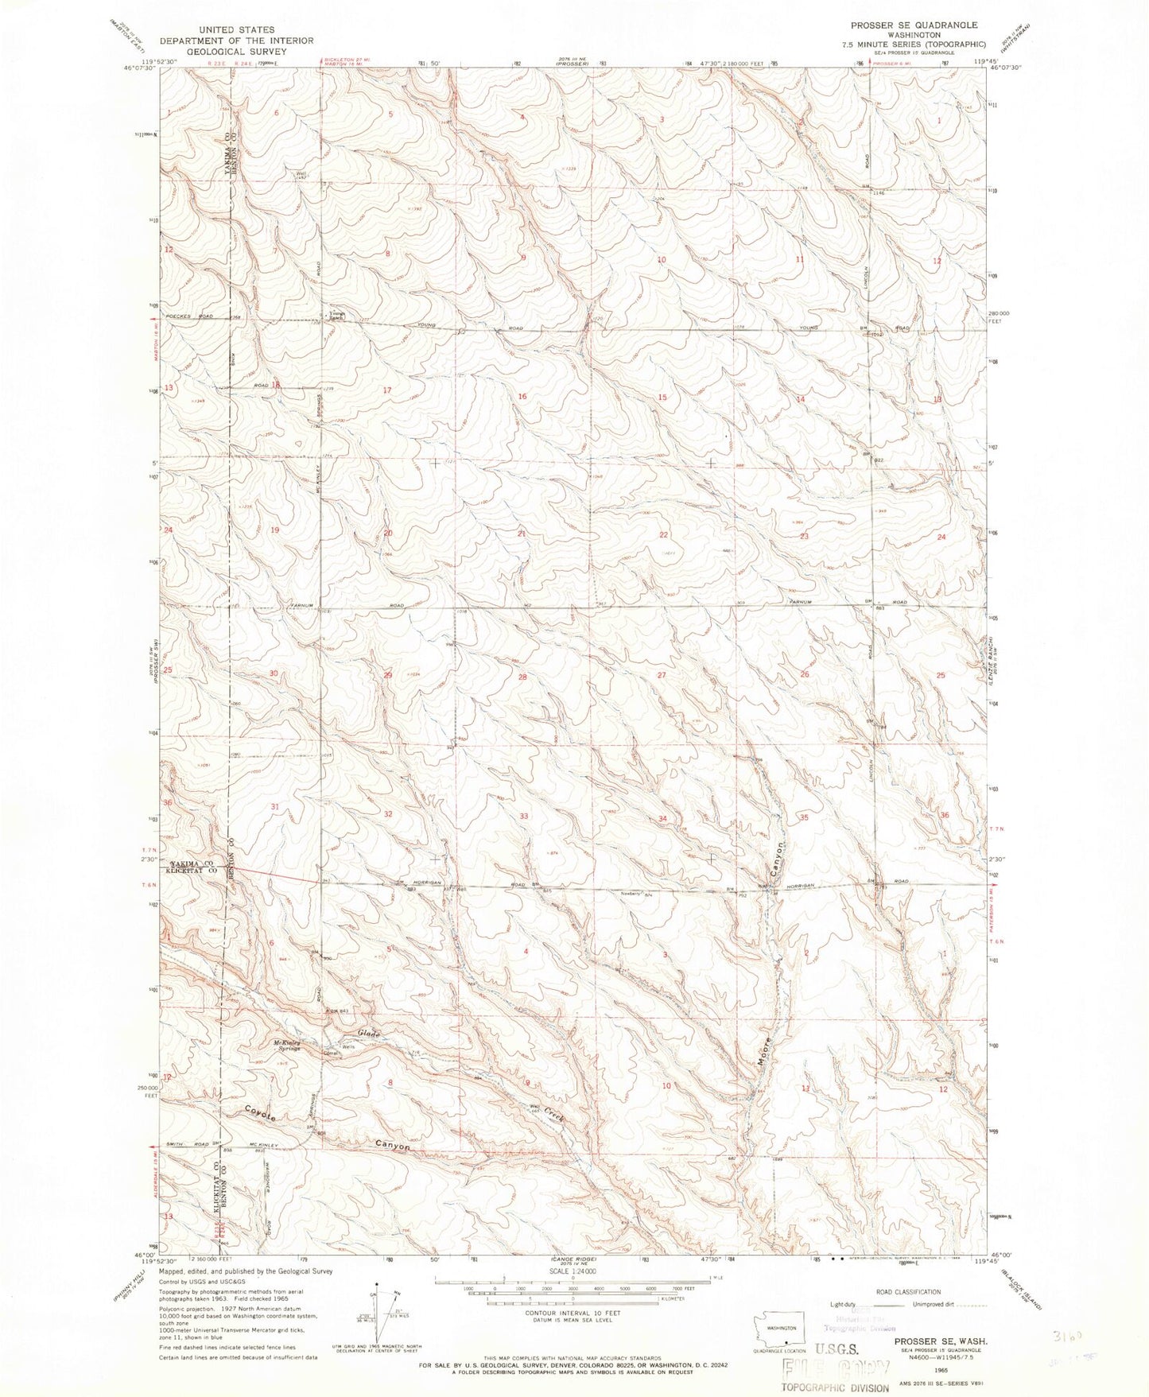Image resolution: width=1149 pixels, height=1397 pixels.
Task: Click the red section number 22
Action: (x=663, y=535)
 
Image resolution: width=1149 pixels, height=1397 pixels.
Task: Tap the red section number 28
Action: (x=522, y=677)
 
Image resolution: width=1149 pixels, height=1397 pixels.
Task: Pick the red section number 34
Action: (x=662, y=818)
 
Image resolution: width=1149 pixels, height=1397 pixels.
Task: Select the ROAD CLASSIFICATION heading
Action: (x=907, y=1292)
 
